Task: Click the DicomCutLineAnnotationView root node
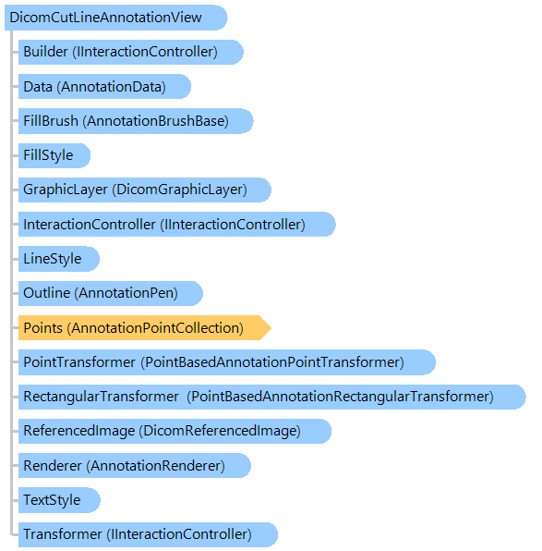click(115, 18)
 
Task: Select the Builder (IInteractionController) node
click(130, 52)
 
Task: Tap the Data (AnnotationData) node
click(104, 87)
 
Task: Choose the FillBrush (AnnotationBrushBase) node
click(136, 121)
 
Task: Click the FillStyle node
click(54, 155)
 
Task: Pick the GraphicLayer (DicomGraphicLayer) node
click(145, 190)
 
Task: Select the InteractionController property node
click(177, 225)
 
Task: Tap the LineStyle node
click(59, 259)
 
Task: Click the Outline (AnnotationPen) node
click(111, 293)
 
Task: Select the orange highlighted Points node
click(145, 328)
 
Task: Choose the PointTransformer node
click(227, 362)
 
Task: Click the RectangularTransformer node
click(272, 397)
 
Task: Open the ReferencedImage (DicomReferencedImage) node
click(175, 431)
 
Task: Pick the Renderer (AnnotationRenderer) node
click(135, 466)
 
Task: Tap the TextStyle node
click(59, 500)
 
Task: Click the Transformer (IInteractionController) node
click(148, 534)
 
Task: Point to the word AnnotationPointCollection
click(155, 328)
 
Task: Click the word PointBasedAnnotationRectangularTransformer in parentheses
click(340, 398)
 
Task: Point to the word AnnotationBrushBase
click(155, 121)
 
